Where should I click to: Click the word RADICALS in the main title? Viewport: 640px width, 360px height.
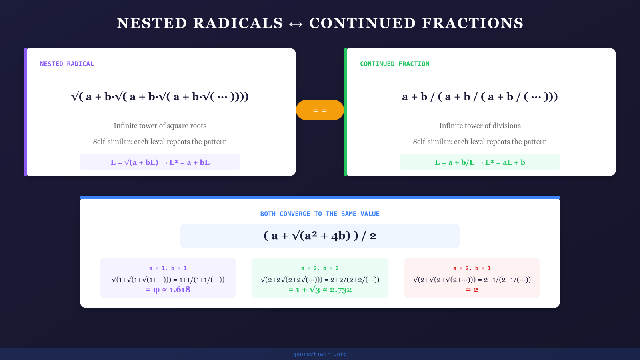(238, 23)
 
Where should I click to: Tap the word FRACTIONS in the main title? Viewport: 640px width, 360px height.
(472, 23)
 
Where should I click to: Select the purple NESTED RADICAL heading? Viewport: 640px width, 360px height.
(67, 64)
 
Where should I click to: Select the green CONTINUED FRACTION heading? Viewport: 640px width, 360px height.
(394, 64)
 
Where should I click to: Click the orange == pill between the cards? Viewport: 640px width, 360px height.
(320, 110)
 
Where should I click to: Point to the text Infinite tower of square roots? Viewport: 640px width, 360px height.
(160, 126)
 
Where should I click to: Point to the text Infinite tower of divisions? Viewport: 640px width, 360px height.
(480, 126)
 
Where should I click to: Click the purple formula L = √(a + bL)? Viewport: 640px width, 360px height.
(160, 162)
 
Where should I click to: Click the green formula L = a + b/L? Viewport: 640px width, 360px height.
(480, 162)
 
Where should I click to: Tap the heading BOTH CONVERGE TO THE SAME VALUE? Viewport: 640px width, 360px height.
(320, 214)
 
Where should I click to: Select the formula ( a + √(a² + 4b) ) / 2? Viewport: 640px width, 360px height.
(320, 236)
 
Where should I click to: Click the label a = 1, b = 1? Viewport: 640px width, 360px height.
(168, 268)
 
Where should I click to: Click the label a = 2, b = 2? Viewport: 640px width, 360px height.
(320, 268)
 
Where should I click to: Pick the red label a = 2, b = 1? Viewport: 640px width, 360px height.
(472, 268)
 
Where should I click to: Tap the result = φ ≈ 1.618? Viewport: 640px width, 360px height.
(168, 290)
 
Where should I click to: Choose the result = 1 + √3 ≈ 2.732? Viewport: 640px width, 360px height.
(320, 290)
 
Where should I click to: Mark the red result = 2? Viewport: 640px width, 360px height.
(472, 290)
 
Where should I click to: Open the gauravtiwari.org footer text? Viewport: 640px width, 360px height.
(320, 354)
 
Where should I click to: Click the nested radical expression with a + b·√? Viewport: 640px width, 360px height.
(160, 97)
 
